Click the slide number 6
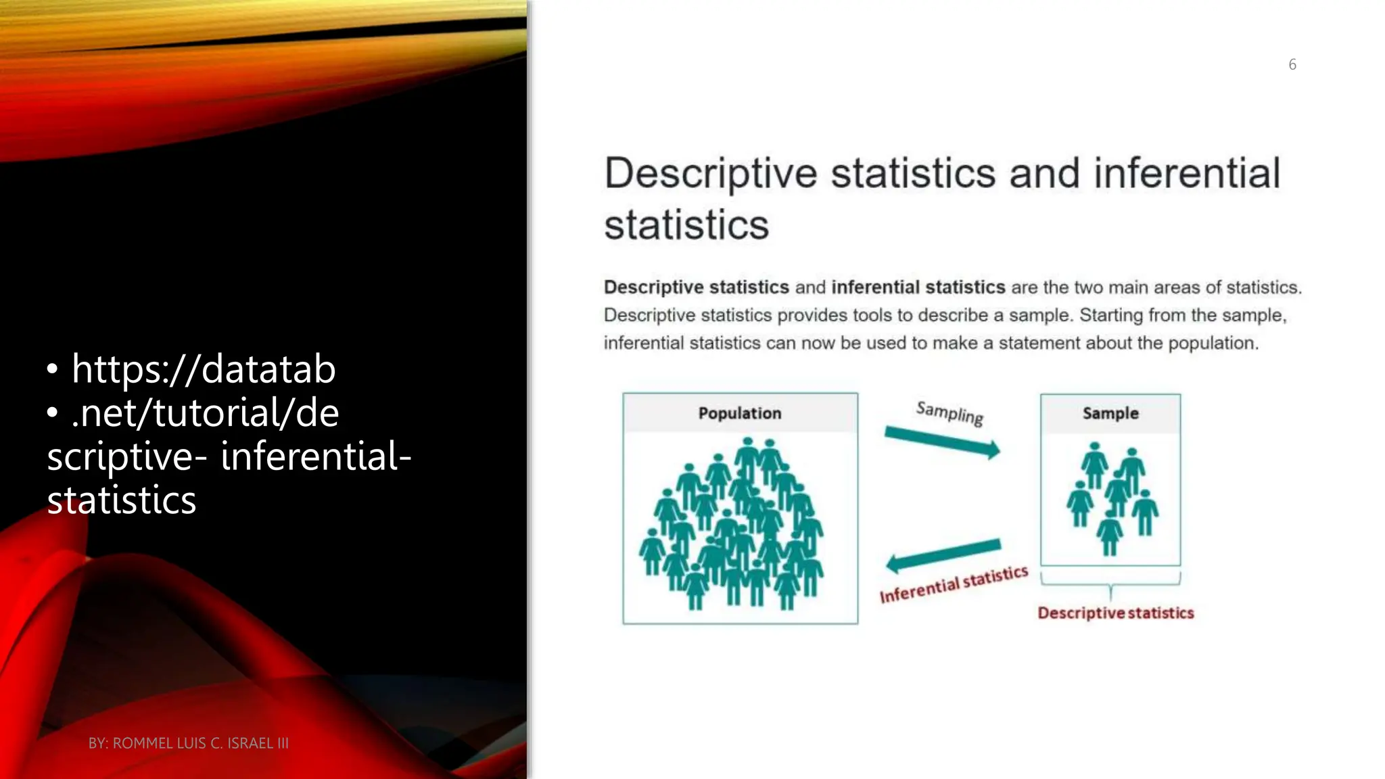[x=1292, y=64]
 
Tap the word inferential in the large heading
[x=1187, y=173]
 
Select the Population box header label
[x=740, y=413]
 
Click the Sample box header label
[x=1110, y=413]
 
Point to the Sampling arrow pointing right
[x=942, y=442]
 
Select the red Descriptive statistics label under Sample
[x=1116, y=613]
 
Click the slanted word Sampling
[x=949, y=412]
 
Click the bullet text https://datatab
[x=204, y=369]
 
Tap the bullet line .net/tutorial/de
[x=205, y=412]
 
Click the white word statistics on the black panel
[x=122, y=500]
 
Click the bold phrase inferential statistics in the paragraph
[x=918, y=287]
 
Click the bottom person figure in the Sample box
[x=1110, y=534]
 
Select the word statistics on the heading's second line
[x=686, y=225]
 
